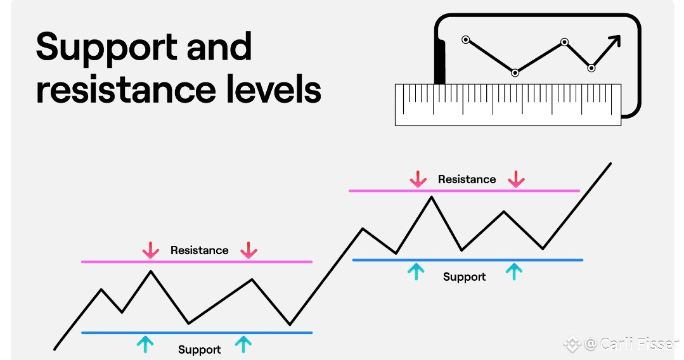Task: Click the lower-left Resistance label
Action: click(x=199, y=250)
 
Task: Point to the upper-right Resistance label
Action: click(x=467, y=179)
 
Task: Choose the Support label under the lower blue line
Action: click(x=199, y=350)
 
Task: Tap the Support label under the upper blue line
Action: click(x=464, y=277)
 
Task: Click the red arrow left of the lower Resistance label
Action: click(x=150, y=250)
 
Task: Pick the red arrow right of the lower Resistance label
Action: click(x=248, y=250)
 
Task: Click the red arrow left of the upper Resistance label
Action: click(x=418, y=179)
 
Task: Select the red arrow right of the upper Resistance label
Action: click(x=516, y=179)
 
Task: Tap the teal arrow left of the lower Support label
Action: click(x=145, y=344)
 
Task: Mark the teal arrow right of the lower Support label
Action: click(x=243, y=344)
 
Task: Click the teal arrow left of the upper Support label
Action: click(x=416, y=272)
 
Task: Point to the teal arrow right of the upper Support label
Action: click(x=514, y=272)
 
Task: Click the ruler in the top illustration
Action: click(x=508, y=104)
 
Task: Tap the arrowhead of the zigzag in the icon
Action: click(x=614, y=41)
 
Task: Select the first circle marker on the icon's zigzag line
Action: click(x=466, y=40)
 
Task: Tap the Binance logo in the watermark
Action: click(x=572, y=344)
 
